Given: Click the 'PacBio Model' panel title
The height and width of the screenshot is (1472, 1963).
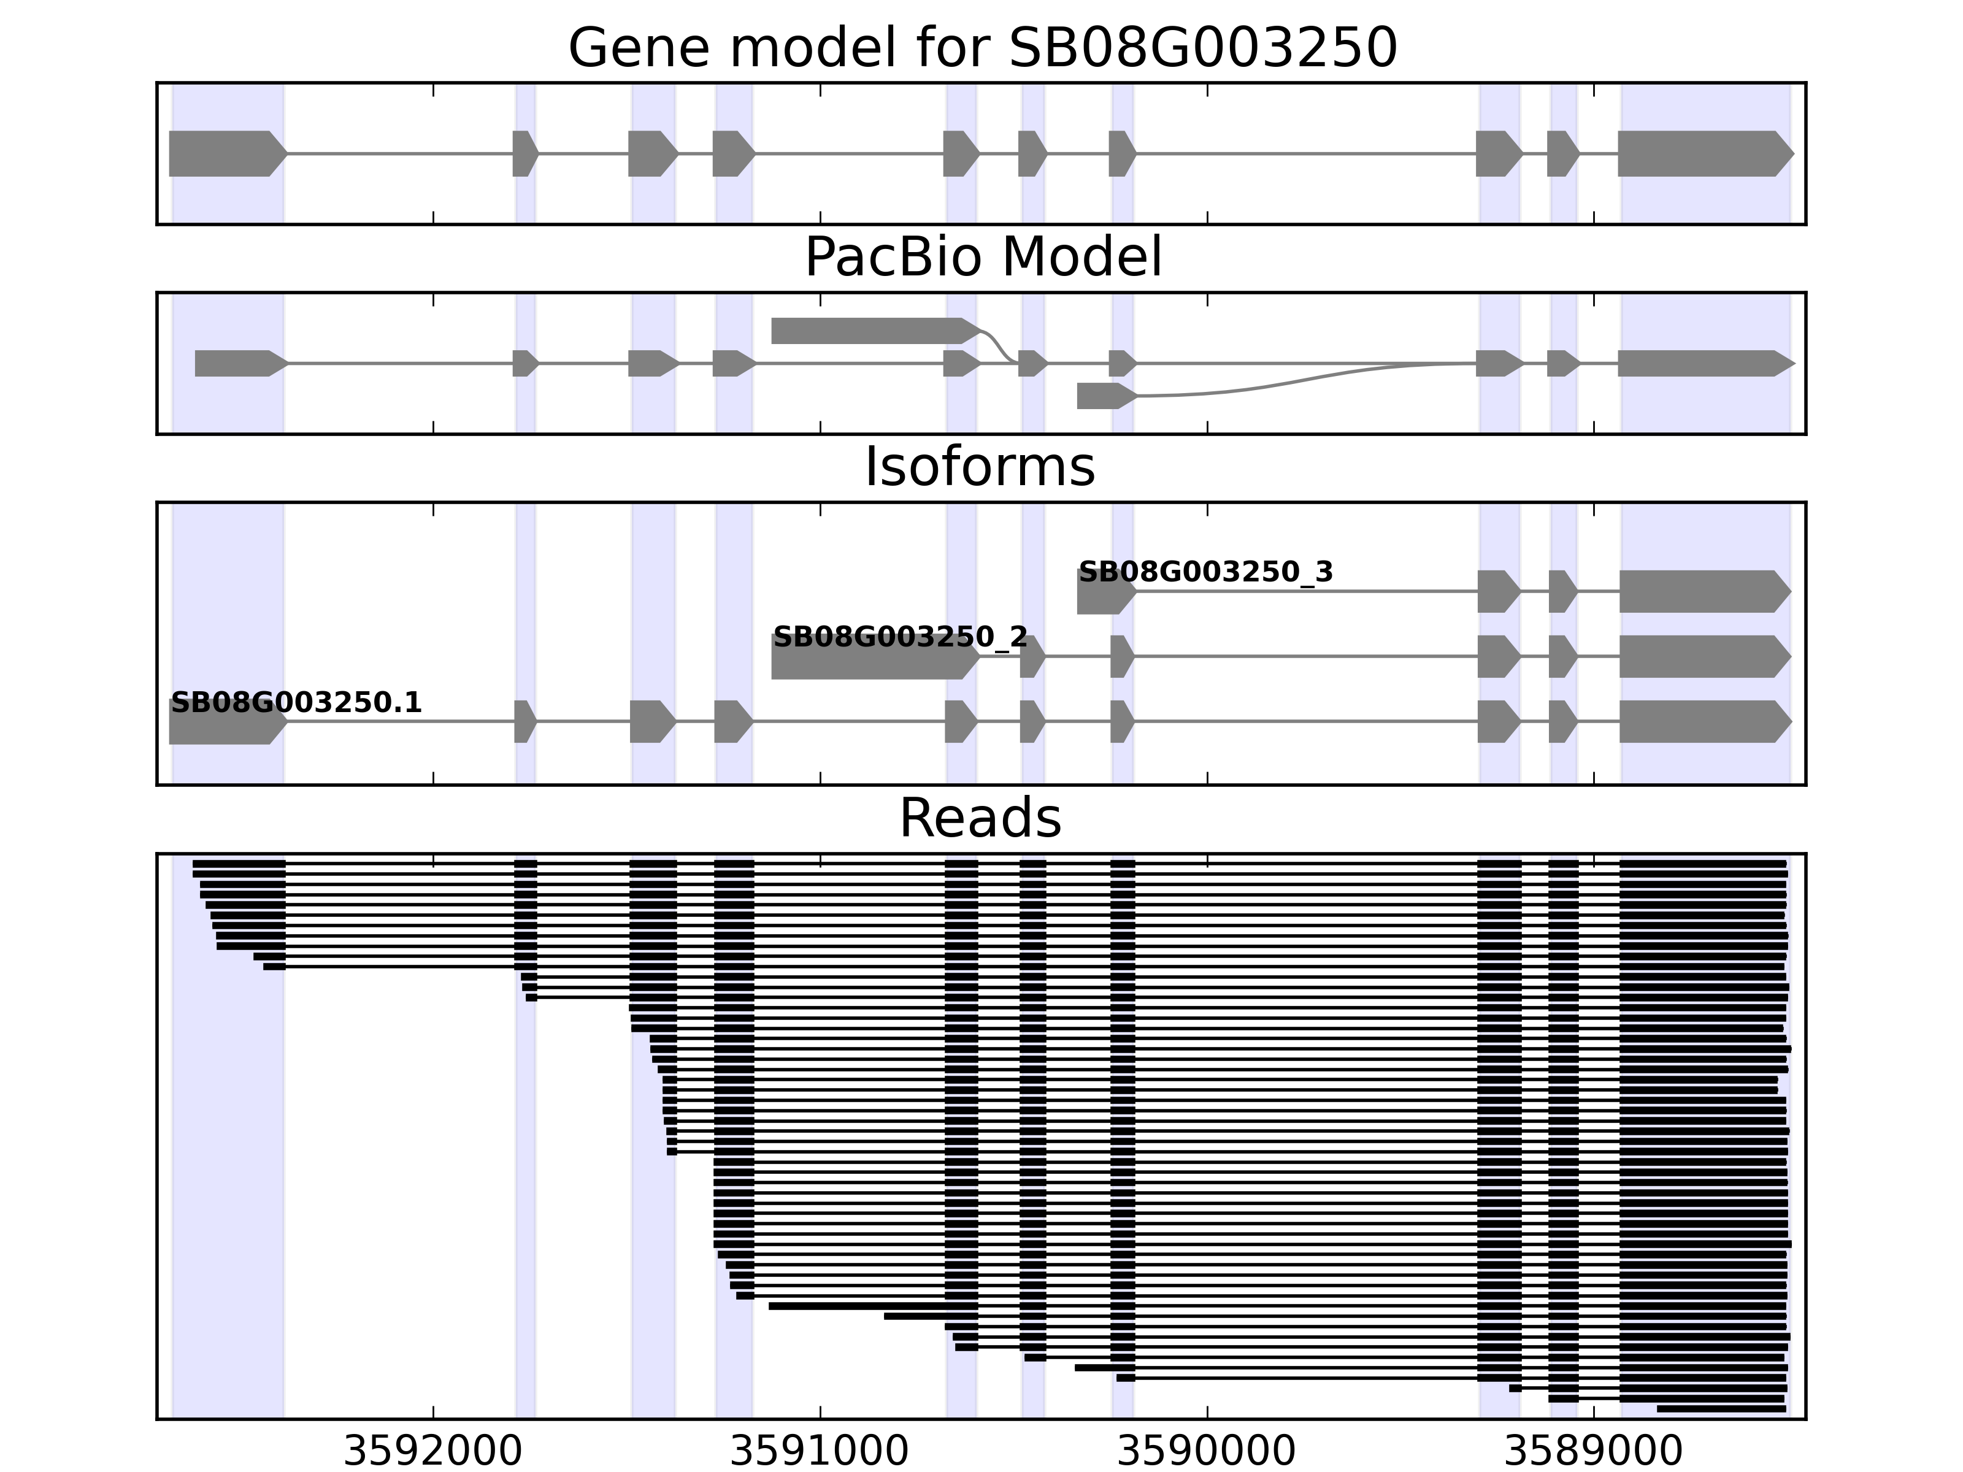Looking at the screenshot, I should [x=982, y=258].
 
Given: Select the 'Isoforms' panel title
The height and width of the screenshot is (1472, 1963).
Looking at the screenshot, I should [x=980, y=467].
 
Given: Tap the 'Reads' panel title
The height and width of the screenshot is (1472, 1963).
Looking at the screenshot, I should [x=980, y=818].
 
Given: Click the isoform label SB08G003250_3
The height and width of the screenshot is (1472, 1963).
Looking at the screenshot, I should [x=1205, y=572].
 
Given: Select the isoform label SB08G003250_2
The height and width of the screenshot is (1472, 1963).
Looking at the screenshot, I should [x=900, y=637].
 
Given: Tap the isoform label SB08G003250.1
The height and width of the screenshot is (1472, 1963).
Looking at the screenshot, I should [x=296, y=703].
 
